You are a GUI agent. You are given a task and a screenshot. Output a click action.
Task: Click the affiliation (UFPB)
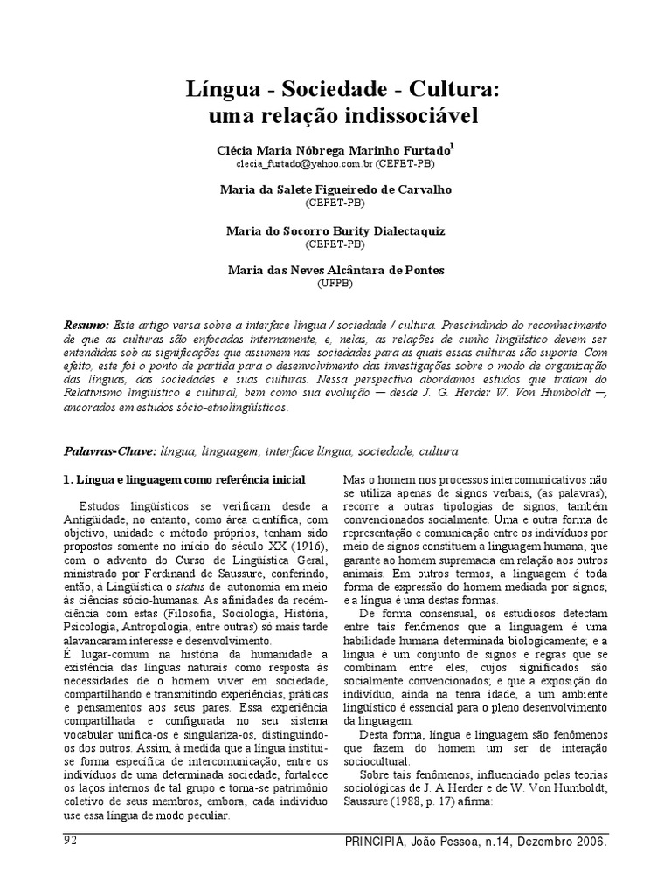(x=335, y=284)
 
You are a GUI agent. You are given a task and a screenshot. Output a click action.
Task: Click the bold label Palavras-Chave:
(x=109, y=451)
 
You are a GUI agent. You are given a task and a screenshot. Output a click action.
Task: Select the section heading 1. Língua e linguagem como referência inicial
(x=184, y=479)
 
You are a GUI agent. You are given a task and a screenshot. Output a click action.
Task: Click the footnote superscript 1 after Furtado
(x=451, y=148)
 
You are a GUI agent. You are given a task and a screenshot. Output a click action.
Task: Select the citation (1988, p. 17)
(x=433, y=801)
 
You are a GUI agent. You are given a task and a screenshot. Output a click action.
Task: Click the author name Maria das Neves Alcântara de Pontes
(x=335, y=271)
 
